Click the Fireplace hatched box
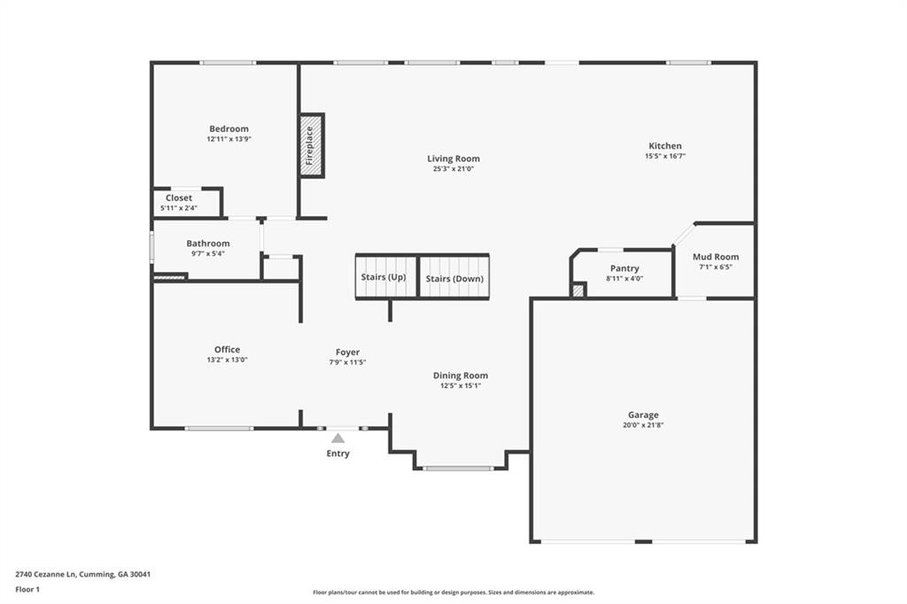(312, 145)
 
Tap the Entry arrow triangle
(337, 438)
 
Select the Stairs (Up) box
(386, 276)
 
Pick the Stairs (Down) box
(454, 276)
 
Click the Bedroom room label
(229, 129)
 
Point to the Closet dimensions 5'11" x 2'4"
(179, 208)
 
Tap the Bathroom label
(207, 244)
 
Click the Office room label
(228, 350)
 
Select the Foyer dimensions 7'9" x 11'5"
(347, 362)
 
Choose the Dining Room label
(461, 376)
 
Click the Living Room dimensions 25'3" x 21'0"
(453, 169)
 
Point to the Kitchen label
(665, 146)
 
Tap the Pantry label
(624, 268)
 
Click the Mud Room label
(716, 257)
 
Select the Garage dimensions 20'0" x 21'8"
(643, 424)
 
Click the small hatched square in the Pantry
(578, 290)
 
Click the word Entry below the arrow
(337, 453)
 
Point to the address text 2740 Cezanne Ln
(46, 575)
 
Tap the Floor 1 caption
(27, 590)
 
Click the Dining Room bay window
(458, 468)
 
